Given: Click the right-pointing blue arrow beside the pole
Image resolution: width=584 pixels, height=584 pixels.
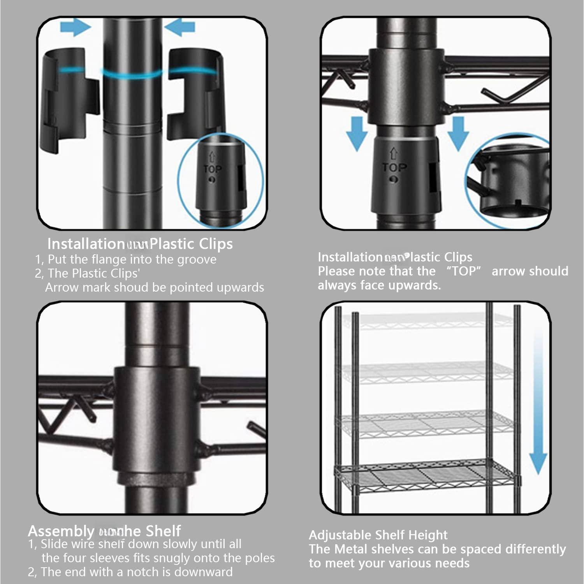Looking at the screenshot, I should pos(76,28).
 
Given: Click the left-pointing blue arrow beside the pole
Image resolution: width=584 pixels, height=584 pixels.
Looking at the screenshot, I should pos(179,28).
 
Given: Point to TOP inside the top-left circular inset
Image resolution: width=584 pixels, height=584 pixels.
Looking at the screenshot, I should pos(213,169).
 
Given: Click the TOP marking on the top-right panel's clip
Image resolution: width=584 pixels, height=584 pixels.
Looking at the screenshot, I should pos(394,168).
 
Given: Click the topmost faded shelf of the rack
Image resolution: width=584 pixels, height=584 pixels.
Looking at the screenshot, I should pos(419,321).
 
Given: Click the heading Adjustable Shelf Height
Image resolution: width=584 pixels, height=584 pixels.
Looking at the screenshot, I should pos(378,535).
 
